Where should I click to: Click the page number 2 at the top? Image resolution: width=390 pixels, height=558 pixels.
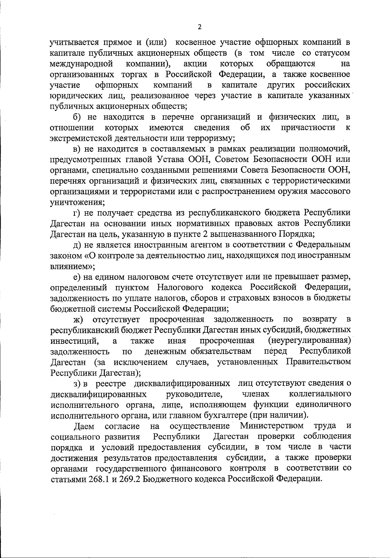click(x=200, y=27)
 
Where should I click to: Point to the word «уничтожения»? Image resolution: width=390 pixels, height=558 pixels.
click(x=77, y=202)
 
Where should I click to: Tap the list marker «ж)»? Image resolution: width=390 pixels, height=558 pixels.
click(x=78, y=319)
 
